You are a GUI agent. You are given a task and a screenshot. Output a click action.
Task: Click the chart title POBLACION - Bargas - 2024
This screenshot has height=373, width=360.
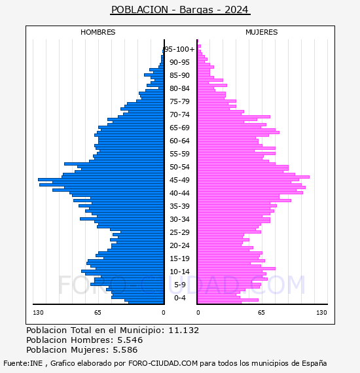180,10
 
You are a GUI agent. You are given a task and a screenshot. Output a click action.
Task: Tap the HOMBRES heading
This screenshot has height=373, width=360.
98,32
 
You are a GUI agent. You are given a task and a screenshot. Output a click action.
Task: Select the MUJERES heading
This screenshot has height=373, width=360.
262,32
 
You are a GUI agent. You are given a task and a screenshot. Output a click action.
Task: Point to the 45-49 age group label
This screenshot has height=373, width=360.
179,180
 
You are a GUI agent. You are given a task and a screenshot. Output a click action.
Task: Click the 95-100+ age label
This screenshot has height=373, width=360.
179,49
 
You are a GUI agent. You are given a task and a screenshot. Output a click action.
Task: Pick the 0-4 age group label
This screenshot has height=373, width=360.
180,298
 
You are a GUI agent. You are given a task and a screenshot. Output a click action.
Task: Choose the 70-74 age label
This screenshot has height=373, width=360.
179,115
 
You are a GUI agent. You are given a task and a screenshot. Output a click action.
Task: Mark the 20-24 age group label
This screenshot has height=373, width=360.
179,245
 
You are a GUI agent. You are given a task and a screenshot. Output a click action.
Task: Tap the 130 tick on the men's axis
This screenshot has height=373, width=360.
38,313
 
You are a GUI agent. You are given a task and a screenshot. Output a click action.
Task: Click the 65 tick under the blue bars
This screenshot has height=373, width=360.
98,313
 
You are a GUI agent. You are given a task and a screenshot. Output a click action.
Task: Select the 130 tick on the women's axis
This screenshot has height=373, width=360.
321,313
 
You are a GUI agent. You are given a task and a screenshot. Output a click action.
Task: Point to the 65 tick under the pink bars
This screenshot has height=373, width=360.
261,313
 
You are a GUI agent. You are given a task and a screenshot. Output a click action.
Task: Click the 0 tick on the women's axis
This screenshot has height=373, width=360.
198,313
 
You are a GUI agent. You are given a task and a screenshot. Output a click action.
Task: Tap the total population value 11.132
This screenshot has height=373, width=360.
183,330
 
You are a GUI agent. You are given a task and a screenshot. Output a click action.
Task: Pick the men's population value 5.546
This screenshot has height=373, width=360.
130,340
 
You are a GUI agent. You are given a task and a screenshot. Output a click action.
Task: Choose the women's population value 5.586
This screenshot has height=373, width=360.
125,350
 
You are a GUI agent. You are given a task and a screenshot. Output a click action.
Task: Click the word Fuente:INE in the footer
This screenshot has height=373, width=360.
23,363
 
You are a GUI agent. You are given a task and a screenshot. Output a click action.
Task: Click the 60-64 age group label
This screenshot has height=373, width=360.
179,141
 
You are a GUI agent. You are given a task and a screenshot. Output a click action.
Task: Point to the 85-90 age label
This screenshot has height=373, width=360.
179,75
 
